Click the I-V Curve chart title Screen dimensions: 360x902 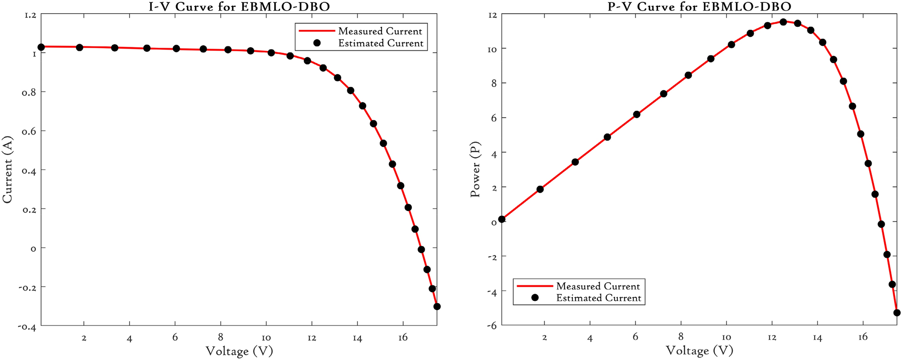click(x=239, y=6)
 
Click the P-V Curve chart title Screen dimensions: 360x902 click(x=699, y=6)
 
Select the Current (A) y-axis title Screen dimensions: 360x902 click(x=8, y=170)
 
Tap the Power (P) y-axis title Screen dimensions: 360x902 click(x=475, y=170)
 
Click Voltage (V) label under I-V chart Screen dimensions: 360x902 click(x=239, y=351)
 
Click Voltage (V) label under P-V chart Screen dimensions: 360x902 click(x=699, y=350)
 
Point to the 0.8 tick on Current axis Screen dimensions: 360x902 click(x=29, y=92)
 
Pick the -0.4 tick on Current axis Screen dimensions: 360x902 click(x=27, y=326)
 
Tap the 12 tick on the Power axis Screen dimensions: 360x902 click(x=492, y=15)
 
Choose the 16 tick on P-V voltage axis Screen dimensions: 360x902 click(x=863, y=337)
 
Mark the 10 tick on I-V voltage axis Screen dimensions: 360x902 click(x=266, y=338)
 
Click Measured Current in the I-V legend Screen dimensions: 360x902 click(x=380, y=31)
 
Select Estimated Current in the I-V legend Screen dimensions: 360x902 click(x=381, y=43)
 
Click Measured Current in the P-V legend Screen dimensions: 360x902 click(x=598, y=286)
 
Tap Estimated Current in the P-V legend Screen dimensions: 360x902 click(x=598, y=298)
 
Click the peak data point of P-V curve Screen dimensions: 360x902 click(x=783, y=22)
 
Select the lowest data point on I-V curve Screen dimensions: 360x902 click(x=437, y=306)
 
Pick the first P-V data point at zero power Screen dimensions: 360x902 click(x=501, y=219)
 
